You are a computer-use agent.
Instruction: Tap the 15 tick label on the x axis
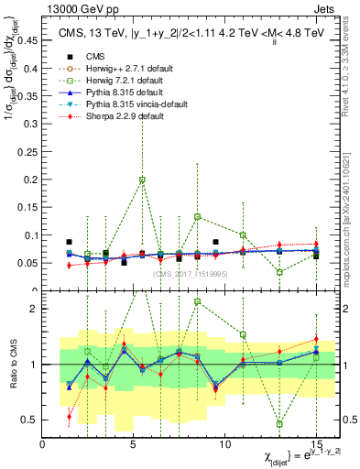315,444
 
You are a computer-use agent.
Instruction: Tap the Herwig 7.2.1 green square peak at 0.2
142,180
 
